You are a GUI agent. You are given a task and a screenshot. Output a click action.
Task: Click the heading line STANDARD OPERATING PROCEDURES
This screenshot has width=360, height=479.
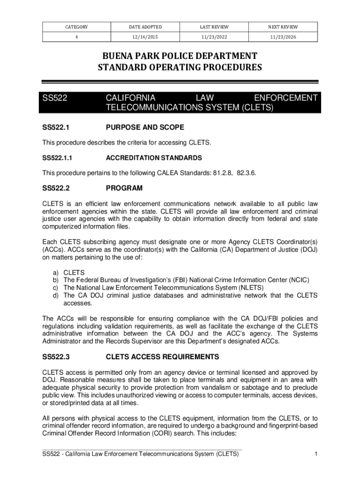[x=180, y=68]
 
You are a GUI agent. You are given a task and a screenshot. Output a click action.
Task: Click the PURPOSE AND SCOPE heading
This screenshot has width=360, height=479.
[x=145, y=127]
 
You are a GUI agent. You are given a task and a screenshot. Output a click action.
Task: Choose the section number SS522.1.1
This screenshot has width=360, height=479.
[x=58, y=158]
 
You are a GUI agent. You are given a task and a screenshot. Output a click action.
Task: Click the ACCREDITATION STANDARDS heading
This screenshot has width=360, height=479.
[x=154, y=158]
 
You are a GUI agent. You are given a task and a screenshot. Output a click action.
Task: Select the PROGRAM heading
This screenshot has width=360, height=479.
[x=124, y=189]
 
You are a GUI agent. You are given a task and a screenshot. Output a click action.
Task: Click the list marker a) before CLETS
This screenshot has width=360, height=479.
[x=54, y=272]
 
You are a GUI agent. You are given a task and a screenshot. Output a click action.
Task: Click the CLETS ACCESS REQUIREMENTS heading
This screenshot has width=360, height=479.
[x=163, y=357]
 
